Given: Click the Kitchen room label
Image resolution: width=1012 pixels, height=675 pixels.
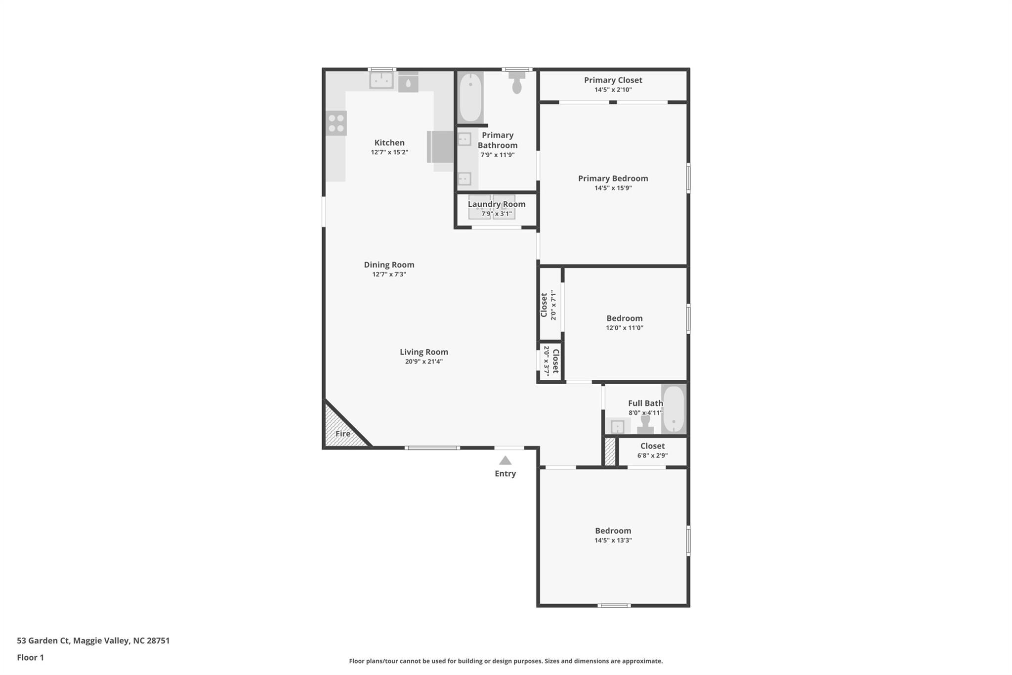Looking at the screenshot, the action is coord(389,143).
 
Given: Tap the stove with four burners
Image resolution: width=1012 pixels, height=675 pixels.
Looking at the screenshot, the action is coord(336,123).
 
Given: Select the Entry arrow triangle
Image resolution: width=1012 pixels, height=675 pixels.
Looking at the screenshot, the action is coord(505,461).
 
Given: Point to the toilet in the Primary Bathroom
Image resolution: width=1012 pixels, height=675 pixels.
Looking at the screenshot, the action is coord(517,82).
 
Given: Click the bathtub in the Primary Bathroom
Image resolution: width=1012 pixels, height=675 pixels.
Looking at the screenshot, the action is coord(470,97).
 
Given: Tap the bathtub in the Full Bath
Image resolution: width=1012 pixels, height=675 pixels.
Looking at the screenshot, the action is coord(674,409).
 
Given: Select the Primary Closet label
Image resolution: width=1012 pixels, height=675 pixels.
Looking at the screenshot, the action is coord(613,80).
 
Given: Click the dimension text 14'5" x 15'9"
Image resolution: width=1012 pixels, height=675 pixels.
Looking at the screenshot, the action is coord(613,188).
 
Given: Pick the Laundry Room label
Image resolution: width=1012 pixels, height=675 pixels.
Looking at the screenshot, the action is coord(497,204).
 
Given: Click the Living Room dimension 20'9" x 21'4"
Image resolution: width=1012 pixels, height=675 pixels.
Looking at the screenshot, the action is coord(424,361).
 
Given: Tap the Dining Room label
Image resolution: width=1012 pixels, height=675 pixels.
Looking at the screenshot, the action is coord(389,265).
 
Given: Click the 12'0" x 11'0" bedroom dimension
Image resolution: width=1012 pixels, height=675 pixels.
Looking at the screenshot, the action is coord(625,328).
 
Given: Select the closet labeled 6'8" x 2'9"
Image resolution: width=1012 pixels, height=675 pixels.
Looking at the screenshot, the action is coord(652,450).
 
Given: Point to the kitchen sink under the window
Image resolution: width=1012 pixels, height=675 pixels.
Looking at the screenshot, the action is coord(381,80).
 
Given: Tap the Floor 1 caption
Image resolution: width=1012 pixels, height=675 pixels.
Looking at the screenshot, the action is coord(31,658).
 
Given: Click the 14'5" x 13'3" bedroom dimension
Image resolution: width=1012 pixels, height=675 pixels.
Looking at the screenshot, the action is coord(613,540).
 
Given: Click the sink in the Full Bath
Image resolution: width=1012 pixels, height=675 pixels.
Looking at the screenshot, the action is coord(618,426).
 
